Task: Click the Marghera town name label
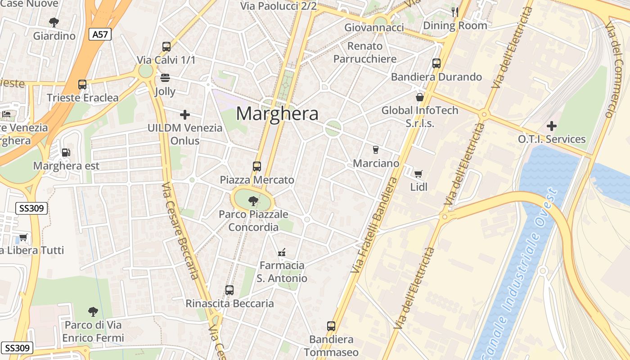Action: pos(277,114)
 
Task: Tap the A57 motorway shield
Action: pos(99,34)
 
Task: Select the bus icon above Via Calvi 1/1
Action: pos(166,46)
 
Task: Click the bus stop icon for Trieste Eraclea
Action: pos(82,84)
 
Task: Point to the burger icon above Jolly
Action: pos(165,78)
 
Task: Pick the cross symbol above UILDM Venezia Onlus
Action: pos(184,114)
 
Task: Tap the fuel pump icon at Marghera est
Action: pos(66,153)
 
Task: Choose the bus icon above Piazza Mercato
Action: pos(257,166)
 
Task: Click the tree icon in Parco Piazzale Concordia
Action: pos(253,201)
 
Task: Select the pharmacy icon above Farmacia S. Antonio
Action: pos(282,252)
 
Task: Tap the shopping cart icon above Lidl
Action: pos(418,174)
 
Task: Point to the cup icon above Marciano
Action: pos(376,150)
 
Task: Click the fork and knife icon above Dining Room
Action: pos(455,12)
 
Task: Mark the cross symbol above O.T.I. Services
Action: pos(552,126)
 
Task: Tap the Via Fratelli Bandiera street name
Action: pos(373,225)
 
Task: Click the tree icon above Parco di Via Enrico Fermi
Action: pos(93,311)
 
